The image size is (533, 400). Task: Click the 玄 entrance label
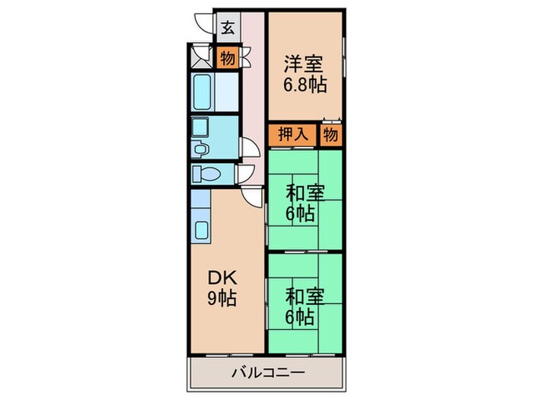(228, 28)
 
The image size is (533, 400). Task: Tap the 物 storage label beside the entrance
(228, 58)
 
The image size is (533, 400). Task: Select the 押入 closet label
(293, 134)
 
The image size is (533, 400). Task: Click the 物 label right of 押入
(330, 135)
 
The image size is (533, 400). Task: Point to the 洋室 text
(304, 64)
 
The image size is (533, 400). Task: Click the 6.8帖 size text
(305, 85)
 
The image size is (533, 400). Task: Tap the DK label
(222, 279)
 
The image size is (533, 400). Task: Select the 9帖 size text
(222, 299)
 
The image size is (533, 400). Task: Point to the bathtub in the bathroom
(202, 92)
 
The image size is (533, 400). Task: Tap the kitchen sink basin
(202, 230)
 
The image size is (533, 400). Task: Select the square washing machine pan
(199, 127)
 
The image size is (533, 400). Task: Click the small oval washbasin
(199, 149)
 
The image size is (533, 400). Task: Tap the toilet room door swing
(246, 174)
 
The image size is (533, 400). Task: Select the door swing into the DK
(252, 197)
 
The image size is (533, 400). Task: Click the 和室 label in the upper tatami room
(305, 194)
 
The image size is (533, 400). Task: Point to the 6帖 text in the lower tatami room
(300, 317)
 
